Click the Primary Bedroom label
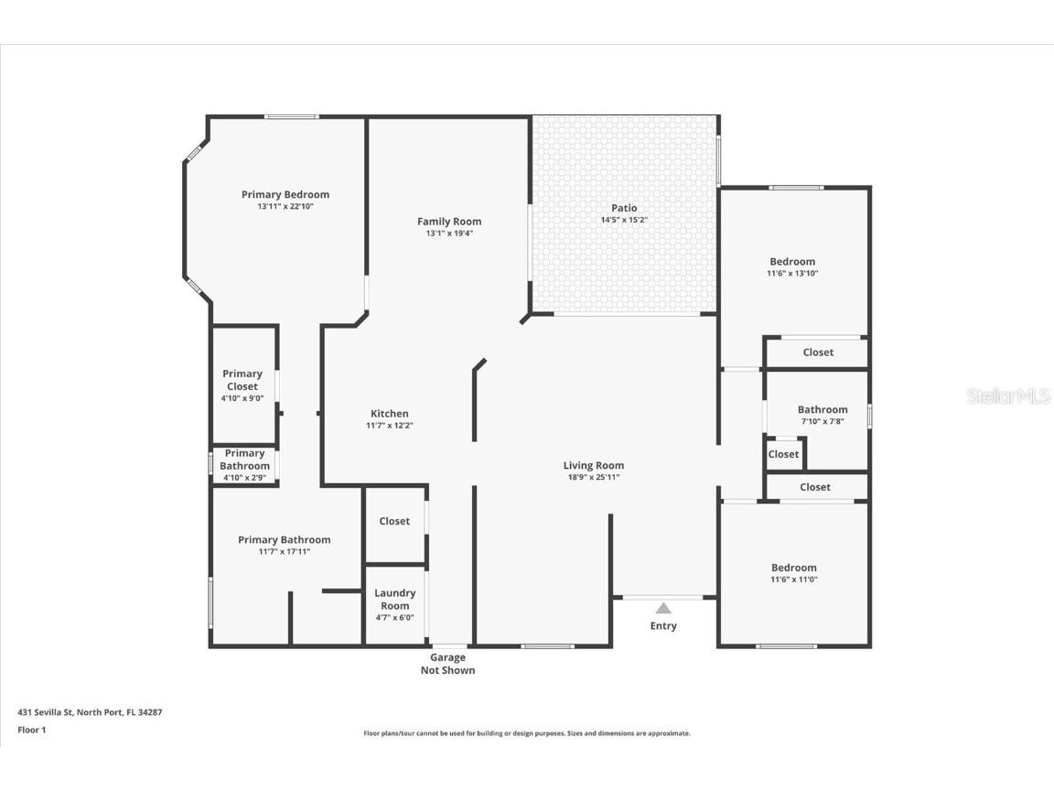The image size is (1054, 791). [x=285, y=194]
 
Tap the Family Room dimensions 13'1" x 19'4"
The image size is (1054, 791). [x=449, y=233]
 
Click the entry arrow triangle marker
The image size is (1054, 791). [x=663, y=608]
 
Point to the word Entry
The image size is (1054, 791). [x=663, y=626]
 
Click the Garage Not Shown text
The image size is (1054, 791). [x=447, y=664]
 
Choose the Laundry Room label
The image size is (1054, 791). [x=395, y=600]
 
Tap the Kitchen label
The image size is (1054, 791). [x=390, y=414]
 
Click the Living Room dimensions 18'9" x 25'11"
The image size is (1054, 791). [x=594, y=477]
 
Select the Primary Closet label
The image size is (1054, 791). [x=242, y=380]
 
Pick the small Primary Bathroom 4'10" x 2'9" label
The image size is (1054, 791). [x=244, y=460]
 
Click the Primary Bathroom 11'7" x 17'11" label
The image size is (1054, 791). [x=285, y=540]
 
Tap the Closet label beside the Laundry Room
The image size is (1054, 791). [x=394, y=521]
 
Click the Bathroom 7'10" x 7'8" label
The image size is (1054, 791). [x=823, y=410]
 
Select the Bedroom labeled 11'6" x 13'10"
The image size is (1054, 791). [x=792, y=262]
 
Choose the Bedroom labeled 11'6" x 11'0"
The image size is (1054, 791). [x=793, y=568]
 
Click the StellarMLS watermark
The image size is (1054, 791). [x=1008, y=396]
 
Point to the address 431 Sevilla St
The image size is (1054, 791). [x=90, y=711]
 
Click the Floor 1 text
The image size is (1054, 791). [x=31, y=730]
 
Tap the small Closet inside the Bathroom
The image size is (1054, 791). [x=783, y=454]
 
